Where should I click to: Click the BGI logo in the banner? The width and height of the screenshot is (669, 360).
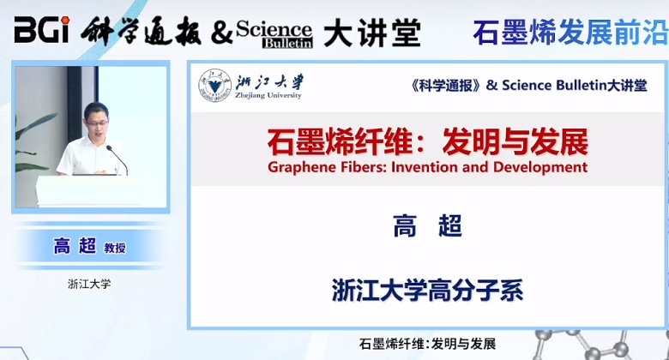click(40, 32)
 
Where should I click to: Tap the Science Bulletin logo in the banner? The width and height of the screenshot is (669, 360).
click(275, 33)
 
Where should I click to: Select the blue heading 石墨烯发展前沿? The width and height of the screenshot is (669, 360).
click(570, 32)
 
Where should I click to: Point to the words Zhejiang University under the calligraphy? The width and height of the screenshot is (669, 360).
click(268, 96)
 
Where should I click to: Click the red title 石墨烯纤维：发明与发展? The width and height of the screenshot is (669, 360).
click(427, 139)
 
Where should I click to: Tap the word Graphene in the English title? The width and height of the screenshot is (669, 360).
click(302, 166)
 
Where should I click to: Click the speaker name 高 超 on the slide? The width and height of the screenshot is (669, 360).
click(427, 226)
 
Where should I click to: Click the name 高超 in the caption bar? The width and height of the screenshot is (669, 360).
click(75, 247)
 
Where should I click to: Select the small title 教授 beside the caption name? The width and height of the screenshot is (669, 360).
click(115, 249)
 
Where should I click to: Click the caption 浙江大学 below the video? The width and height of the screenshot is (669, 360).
click(89, 284)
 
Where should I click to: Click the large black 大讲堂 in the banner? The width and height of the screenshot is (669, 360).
click(372, 32)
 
